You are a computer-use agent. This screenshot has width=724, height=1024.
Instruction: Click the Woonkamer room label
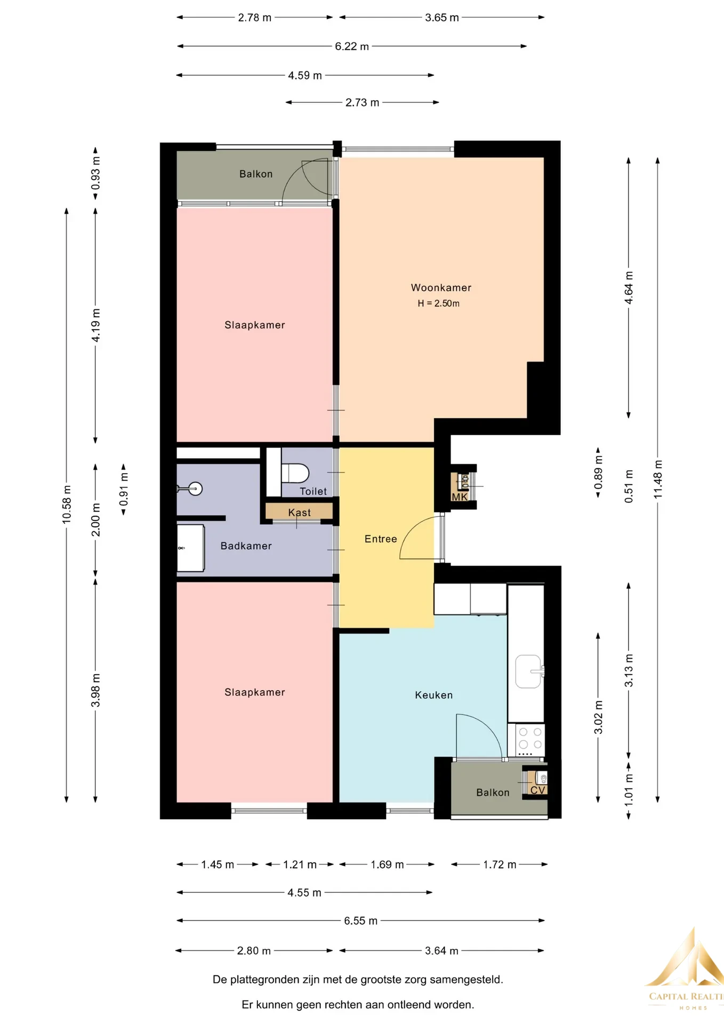441,287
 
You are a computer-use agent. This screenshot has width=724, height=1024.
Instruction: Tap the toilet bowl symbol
295,473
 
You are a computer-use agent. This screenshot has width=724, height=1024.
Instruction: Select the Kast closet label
299,513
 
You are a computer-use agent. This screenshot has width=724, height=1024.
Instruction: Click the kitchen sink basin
528,671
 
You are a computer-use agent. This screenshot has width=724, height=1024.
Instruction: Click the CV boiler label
537,790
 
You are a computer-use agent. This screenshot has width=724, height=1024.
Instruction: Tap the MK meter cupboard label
460,497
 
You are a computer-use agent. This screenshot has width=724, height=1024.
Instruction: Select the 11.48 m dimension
658,479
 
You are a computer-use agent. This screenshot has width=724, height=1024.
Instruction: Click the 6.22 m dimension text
352,46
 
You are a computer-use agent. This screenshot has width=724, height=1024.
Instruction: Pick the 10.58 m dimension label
67,504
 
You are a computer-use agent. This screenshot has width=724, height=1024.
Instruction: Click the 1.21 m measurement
300,865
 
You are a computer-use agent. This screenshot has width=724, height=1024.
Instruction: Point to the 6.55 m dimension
360,921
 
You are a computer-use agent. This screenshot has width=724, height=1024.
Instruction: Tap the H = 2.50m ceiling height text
438,303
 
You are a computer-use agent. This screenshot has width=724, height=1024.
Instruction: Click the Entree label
381,539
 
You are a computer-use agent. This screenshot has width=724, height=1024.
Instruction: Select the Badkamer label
246,546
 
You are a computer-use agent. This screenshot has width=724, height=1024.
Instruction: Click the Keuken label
433,695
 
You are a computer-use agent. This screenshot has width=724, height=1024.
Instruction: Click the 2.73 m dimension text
362,102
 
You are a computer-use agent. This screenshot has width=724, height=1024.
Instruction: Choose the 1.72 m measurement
500,865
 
